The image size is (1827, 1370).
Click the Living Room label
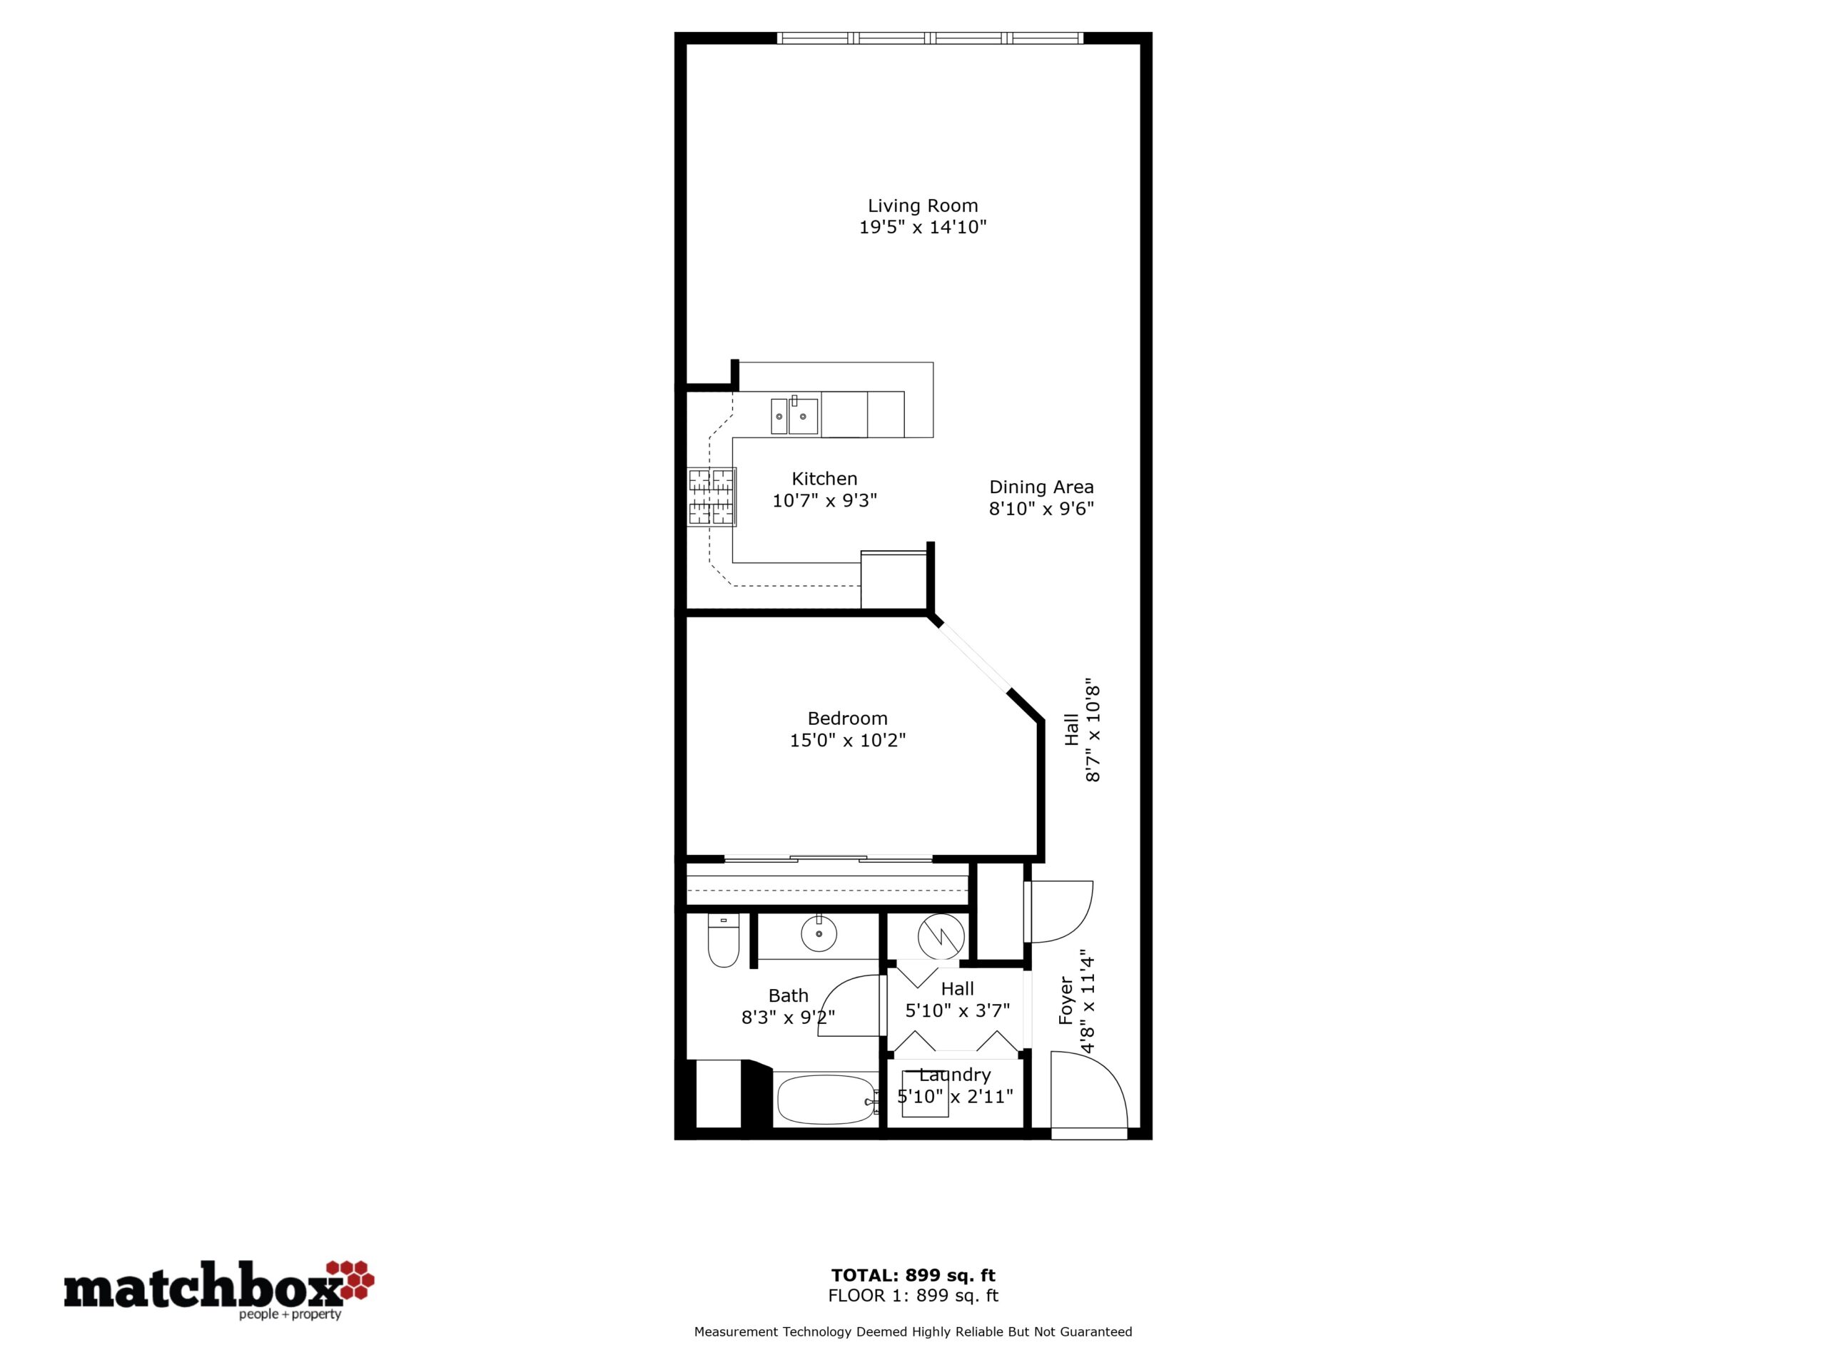[923, 205]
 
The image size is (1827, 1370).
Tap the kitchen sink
[794, 415]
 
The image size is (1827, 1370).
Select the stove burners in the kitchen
[711, 497]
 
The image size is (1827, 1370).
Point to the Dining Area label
[1041, 487]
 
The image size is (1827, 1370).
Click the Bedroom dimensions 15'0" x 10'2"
[847, 741]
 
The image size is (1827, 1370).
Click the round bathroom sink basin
[819, 935]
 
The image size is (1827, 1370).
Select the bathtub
[826, 1099]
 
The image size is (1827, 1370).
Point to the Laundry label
[955, 1075]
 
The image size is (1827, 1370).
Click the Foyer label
[1066, 1001]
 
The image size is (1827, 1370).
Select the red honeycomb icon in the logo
[351, 1279]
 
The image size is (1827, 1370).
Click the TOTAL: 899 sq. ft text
[913, 1276]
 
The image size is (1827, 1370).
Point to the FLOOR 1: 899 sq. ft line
[913, 1297]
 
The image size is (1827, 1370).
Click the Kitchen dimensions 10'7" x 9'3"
[824, 500]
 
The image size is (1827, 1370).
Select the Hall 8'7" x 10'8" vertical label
[1082, 734]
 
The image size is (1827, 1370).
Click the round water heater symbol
[941, 936]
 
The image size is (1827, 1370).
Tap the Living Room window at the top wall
[930, 38]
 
